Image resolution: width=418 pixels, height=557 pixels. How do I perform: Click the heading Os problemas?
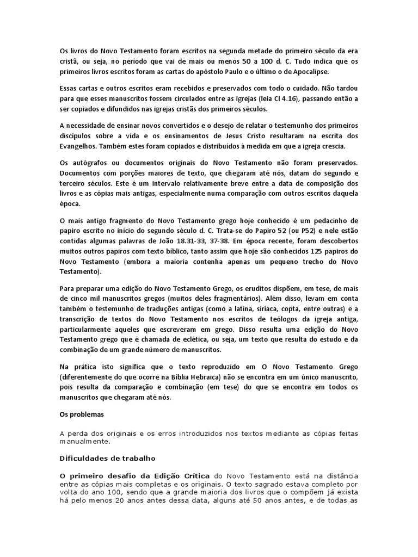pyautogui.click(x=81, y=414)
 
